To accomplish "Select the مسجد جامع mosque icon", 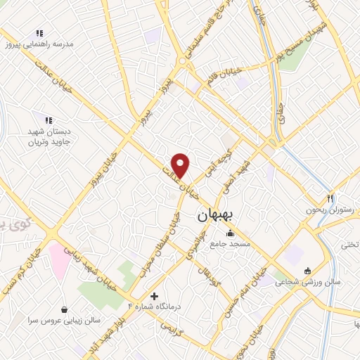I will click(229, 233).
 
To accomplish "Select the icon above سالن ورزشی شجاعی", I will click(307, 271).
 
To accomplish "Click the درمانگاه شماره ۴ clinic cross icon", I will click(155, 296).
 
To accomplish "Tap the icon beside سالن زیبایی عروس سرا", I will click(65, 309).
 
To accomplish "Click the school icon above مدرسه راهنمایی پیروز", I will click(39, 33).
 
